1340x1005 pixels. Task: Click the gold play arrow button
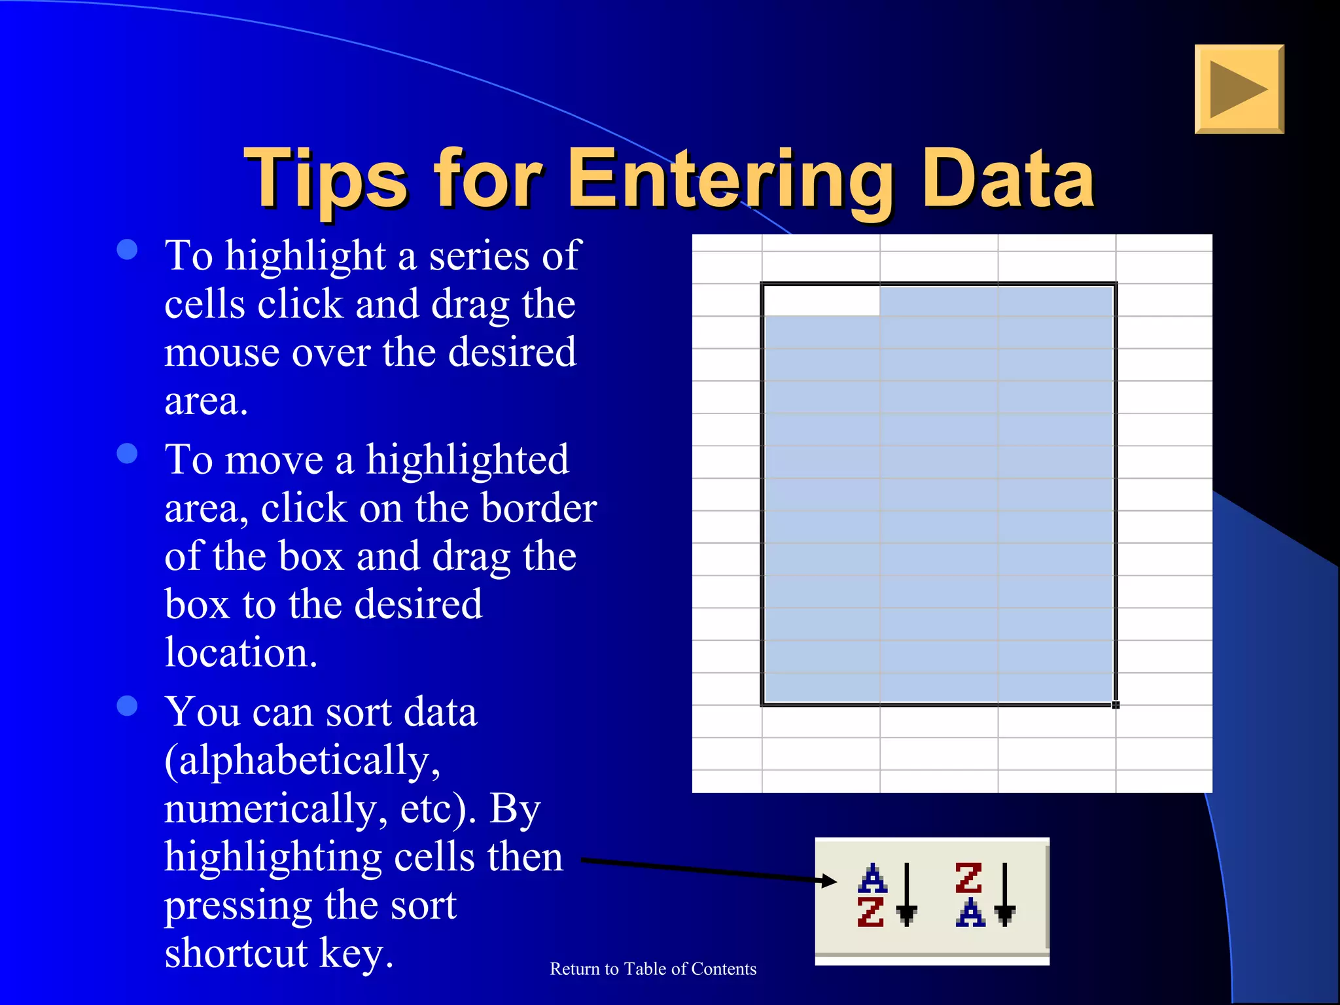tap(1239, 90)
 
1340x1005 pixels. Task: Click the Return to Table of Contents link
tap(652, 969)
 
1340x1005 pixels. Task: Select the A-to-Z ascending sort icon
tap(885, 895)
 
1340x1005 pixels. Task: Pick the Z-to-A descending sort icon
tap(983, 895)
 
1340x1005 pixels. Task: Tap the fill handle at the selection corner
tap(1116, 705)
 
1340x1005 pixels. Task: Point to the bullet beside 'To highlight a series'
tap(127, 249)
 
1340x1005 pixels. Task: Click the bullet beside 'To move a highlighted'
tap(127, 453)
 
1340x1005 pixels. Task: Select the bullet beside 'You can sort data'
tap(127, 705)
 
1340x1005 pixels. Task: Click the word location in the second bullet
tap(241, 653)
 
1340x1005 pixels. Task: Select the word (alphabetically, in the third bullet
tap(302, 762)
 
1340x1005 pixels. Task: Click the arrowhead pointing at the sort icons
tap(829, 881)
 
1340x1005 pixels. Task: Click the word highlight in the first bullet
tap(305, 255)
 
